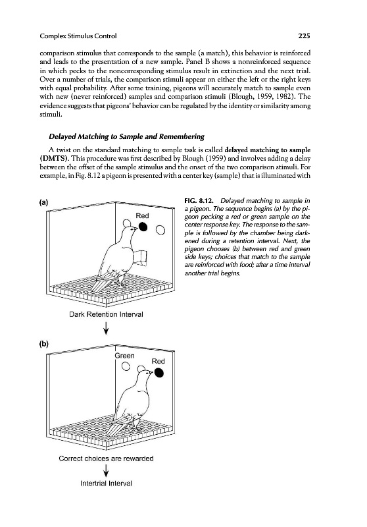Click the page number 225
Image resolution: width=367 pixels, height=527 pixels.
tap(304, 36)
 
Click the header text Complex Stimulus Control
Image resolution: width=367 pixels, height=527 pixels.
tap(78, 36)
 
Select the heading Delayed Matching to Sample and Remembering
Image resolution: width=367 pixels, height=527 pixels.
tap(126, 136)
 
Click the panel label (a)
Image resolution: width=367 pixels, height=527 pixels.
tap(43, 202)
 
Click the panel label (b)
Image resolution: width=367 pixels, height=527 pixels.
tap(43, 344)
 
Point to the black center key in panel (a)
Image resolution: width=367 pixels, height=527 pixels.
tap(143, 227)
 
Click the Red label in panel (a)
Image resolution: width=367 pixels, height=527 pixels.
tap(142, 216)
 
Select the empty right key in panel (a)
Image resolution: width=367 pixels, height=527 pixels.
tap(160, 230)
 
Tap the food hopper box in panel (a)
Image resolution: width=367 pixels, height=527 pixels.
tap(141, 258)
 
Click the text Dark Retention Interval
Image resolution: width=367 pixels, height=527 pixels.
tap(106, 315)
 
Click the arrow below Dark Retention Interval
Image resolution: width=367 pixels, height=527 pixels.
tap(106, 328)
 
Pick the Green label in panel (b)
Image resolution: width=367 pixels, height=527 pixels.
tap(124, 356)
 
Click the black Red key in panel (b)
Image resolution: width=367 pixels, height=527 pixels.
tap(159, 373)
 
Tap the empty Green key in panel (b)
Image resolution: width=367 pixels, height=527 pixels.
tap(126, 366)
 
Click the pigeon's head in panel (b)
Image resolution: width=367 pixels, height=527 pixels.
tap(143, 372)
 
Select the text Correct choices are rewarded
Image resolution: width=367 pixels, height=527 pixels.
tap(106, 458)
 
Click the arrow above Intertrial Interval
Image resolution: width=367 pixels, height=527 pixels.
tap(106, 470)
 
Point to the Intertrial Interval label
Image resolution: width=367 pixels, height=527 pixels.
tap(106, 484)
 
